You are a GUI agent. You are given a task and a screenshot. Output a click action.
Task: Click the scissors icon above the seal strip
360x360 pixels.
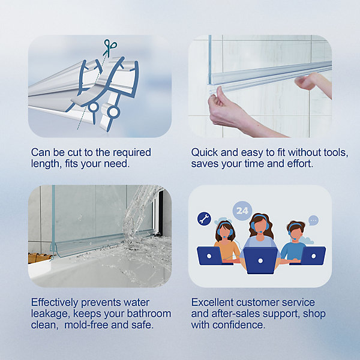click(x=110, y=47)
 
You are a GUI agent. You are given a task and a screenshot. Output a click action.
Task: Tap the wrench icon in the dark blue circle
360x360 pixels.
click(x=204, y=218)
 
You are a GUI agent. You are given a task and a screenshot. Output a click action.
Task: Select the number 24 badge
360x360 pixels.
click(x=242, y=211)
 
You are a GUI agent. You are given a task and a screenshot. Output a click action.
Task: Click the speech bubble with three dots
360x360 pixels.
click(x=313, y=220)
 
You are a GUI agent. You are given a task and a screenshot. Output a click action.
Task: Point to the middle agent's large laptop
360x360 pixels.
click(x=260, y=260)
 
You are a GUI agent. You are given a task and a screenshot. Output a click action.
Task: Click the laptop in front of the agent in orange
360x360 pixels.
click(x=210, y=256)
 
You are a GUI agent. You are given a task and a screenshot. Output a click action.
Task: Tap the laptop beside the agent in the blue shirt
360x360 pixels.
click(x=313, y=256)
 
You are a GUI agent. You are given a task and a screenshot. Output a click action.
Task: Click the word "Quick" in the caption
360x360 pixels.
click(x=205, y=152)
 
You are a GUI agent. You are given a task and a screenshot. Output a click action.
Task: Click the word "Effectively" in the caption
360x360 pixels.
click(x=55, y=302)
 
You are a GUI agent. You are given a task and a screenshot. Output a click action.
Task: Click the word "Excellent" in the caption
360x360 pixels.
click(x=212, y=302)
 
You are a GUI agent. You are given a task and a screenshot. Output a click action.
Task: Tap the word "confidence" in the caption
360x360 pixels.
click(x=239, y=325)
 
